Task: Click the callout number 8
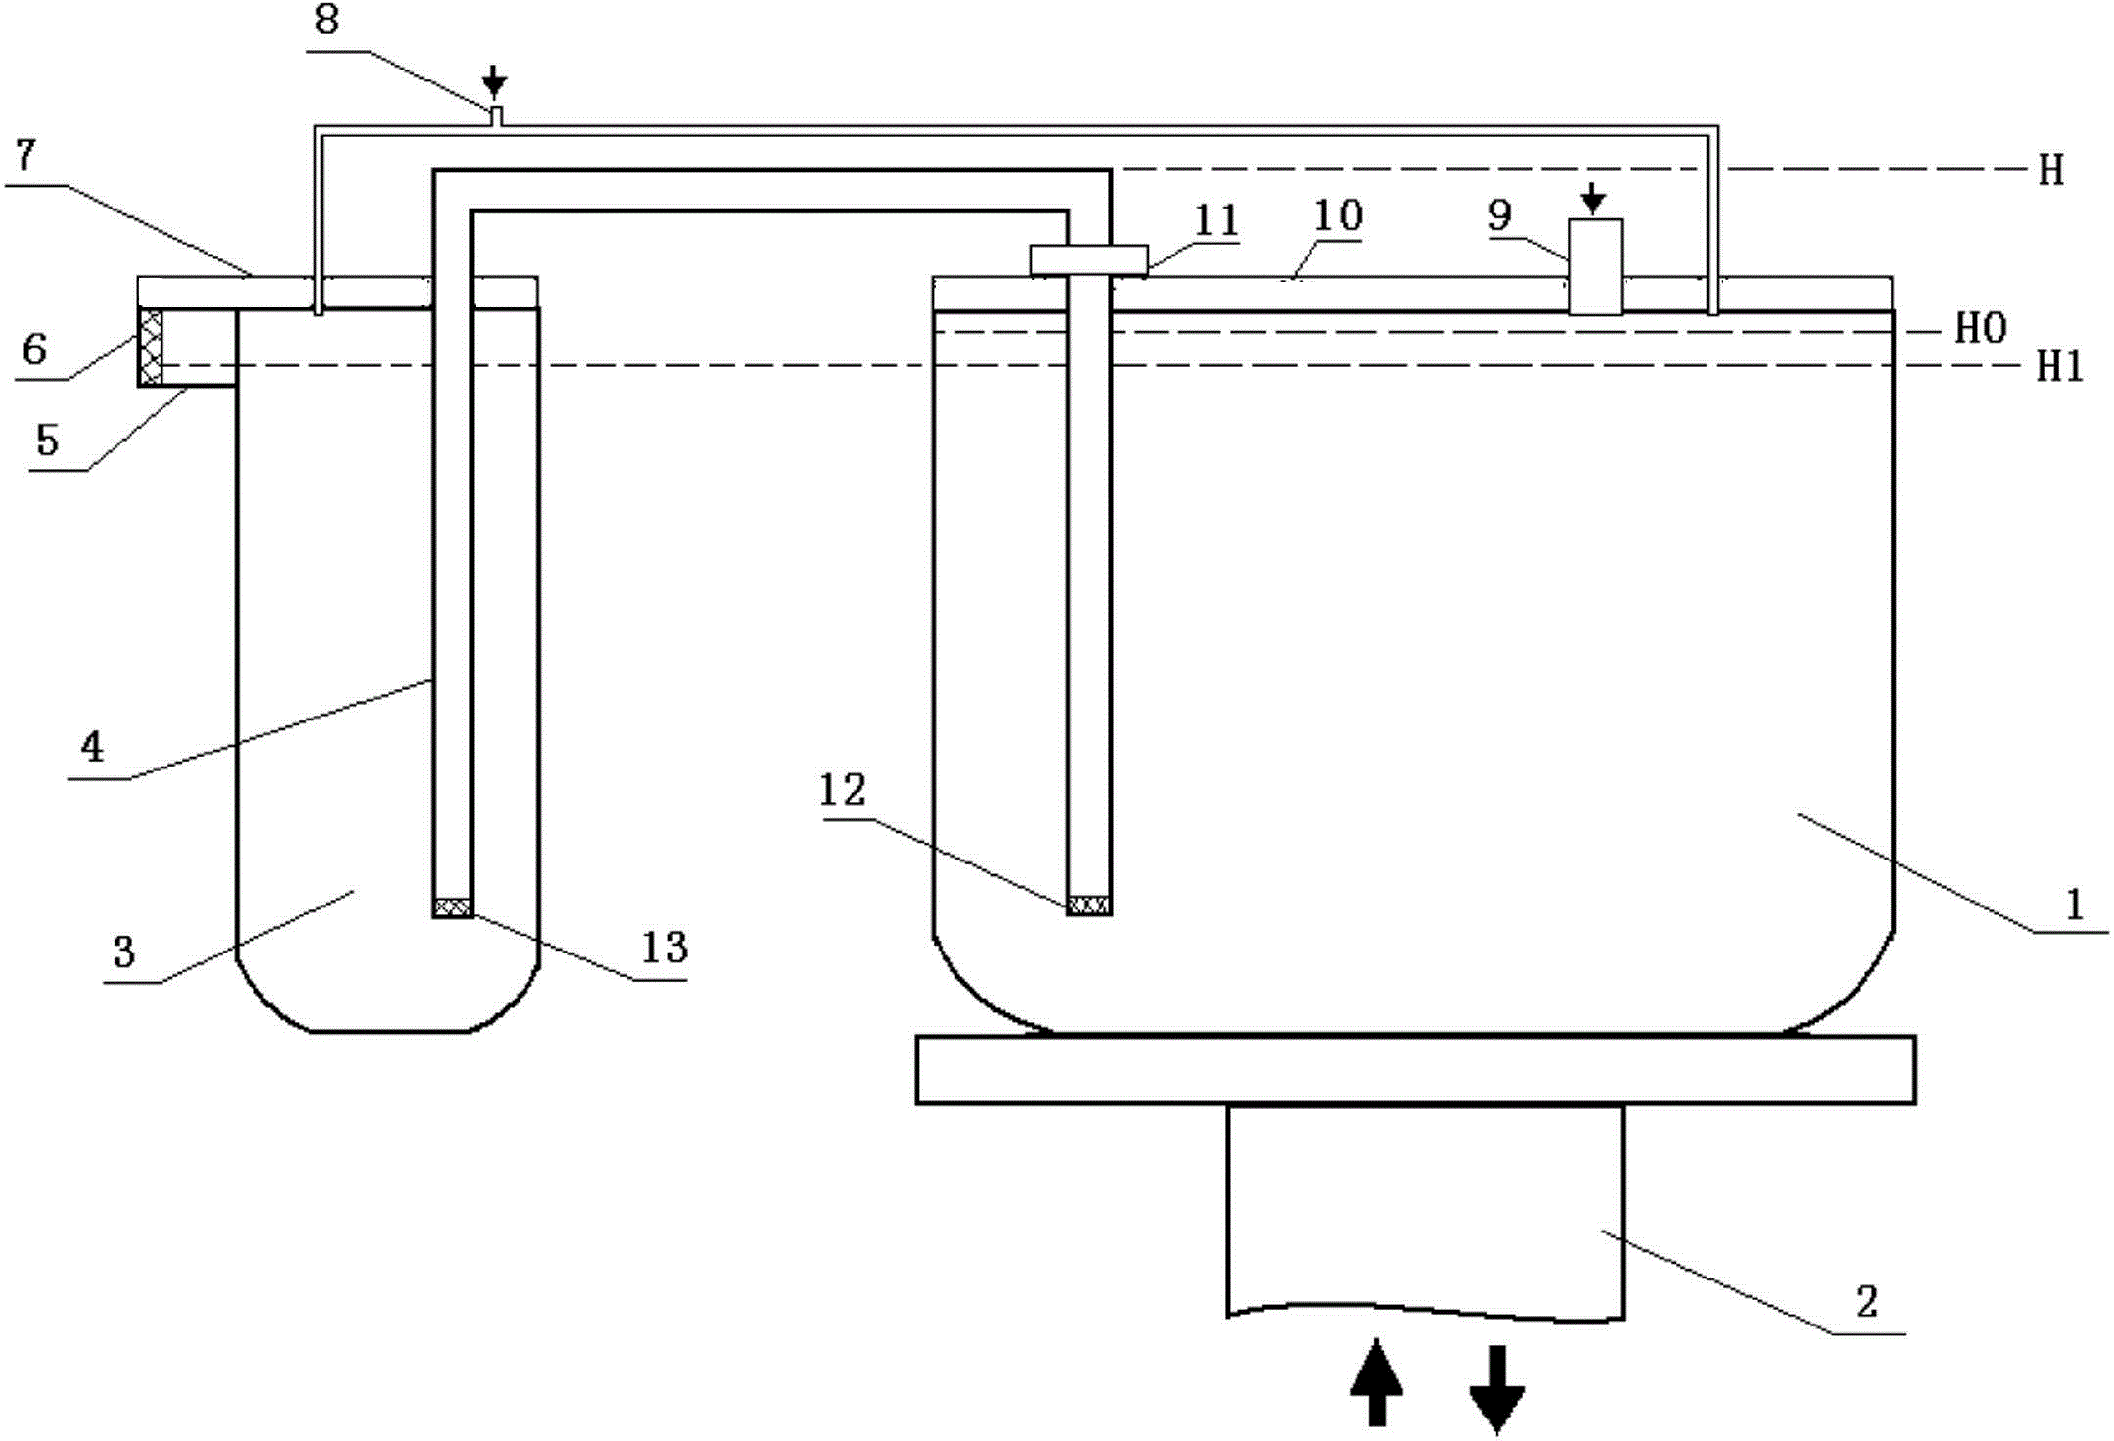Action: click(327, 20)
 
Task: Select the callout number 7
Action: click(26, 155)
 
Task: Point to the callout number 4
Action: click(92, 747)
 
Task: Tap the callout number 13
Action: click(665, 947)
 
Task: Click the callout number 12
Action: click(843, 790)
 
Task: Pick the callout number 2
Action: click(1866, 1301)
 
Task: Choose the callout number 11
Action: click(1217, 220)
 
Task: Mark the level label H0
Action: click(1981, 329)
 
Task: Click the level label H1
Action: click(2059, 367)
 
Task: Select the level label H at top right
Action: click(2051, 170)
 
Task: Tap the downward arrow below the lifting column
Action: click(1497, 1388)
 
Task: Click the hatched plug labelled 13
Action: click(452, 907)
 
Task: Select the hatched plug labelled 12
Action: click(1089, 906)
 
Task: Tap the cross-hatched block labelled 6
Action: click(151, 347)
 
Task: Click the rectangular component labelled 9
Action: click(1595, 266)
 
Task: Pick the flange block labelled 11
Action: click(1088, 260)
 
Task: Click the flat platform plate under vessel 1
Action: click(1415, 1070)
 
